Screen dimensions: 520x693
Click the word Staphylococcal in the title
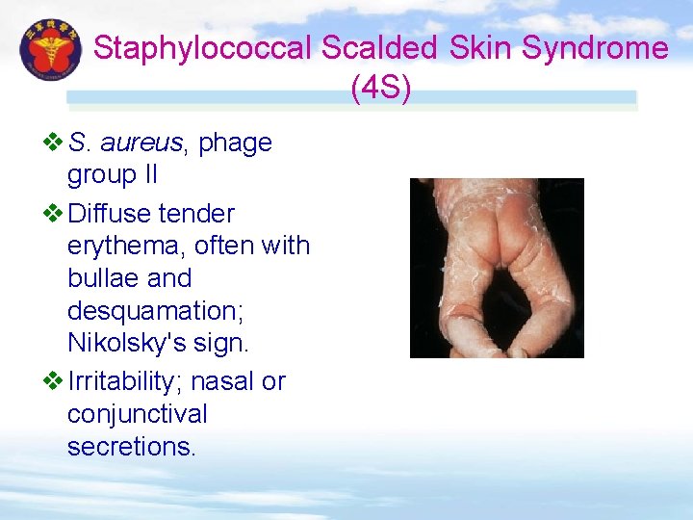click(203, 49)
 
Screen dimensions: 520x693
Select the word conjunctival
click(138, 415)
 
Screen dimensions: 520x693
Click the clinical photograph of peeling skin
click(497, 268)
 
